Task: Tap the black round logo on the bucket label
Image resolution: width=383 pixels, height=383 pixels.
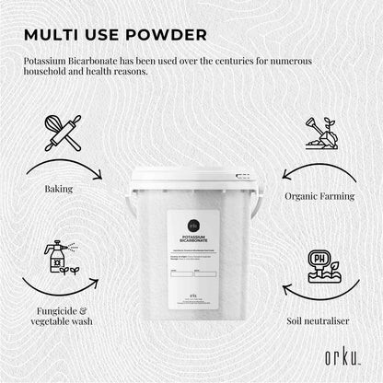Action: click(x=192, y=225)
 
